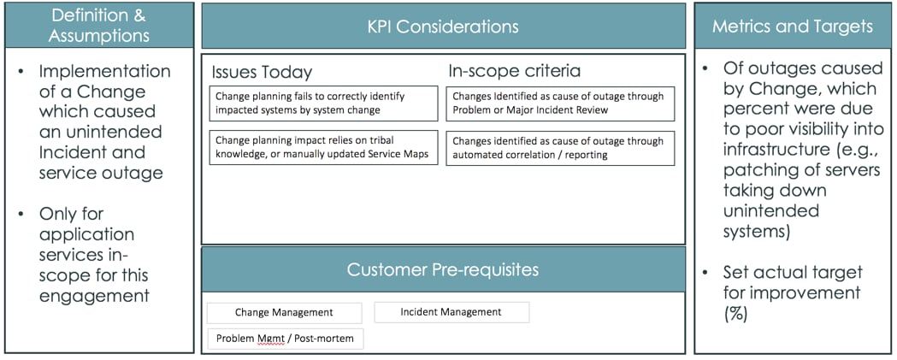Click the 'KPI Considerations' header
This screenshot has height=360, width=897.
443,27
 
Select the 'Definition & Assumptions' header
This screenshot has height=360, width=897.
98,26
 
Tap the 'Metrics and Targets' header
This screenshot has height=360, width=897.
793,27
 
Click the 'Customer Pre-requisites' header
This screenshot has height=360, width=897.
443,270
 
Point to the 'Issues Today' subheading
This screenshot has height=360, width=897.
262,72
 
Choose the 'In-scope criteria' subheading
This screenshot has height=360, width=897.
513,72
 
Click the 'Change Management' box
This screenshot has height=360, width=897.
285,313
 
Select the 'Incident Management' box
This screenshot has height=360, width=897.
451,312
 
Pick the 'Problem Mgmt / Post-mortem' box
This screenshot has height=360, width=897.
286,339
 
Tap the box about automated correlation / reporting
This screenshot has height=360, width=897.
560,147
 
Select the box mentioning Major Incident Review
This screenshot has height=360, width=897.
560,103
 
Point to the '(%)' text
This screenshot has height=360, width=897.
737,312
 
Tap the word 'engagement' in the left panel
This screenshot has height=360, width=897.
94,296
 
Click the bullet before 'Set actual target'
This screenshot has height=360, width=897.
705,273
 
